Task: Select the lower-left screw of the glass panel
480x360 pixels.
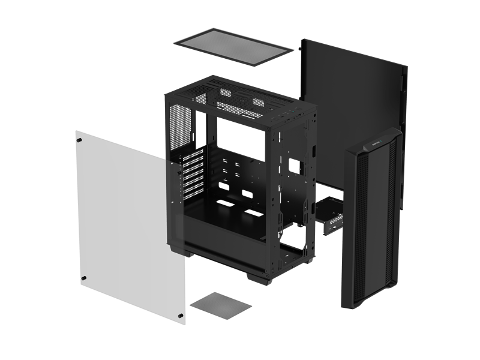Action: pos(83,277)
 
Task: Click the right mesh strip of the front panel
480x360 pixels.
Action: pos(394,228)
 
